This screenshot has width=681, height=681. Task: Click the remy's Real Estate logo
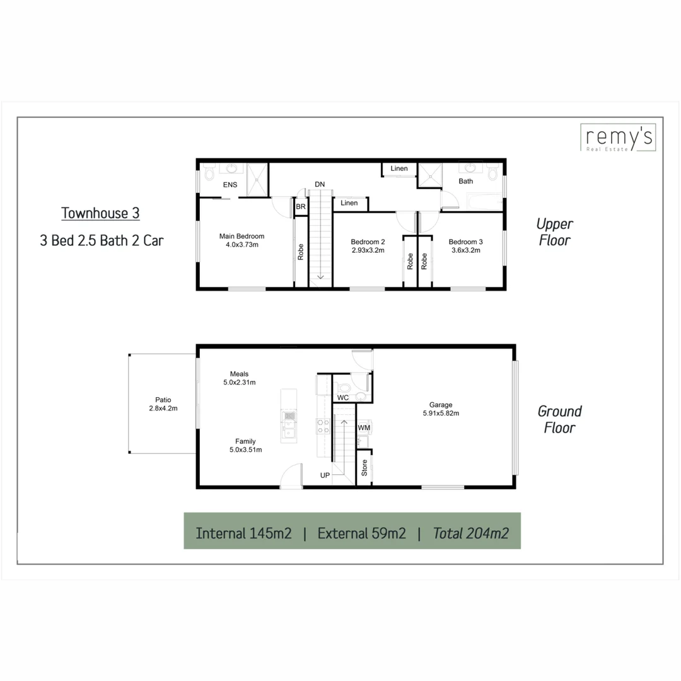coord(617,138)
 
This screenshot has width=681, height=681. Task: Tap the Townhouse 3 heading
coord(100,213)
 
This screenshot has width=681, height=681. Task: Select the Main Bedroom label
coord(242,236)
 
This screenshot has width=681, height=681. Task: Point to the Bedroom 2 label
coord(368,242)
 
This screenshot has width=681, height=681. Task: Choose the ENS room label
coord(230,185)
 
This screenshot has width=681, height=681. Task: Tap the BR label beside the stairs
coord(301,206)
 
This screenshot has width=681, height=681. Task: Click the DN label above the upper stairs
coord(320,184)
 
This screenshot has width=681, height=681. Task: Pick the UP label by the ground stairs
coord(325,475)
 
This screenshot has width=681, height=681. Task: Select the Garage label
coord(441,405)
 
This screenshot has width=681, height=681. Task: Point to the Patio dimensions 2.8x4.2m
coord(159,408)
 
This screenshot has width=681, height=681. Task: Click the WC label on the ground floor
coord(343,398)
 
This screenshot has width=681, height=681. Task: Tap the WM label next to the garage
coord(364,428)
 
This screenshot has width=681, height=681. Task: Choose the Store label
coord(364,467)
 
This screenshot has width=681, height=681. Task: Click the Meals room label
coord(240,373)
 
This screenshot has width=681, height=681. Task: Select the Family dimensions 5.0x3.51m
coord(246,450)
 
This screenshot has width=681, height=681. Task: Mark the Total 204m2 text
coord(471,533)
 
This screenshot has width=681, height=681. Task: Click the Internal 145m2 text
coord(243,533)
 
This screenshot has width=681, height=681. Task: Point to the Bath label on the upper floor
coord(465,181)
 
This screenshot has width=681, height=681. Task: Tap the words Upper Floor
coord(554,231)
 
